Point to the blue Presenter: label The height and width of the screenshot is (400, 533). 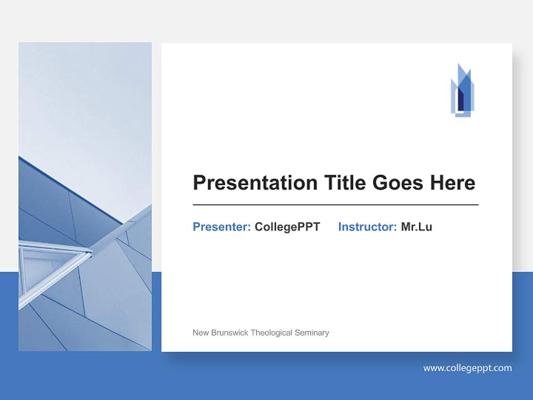click(x=222, y=227)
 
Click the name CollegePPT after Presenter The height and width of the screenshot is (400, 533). click(x=287, y=227)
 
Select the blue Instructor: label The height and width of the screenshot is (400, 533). click(x=367, y=227)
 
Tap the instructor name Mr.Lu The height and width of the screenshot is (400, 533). click(x=416, y=227)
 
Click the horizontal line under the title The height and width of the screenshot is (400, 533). click(x=335, y=205)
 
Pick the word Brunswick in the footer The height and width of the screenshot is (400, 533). click(x=229, y=333)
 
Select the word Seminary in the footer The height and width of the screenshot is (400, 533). click(x=312, y=333)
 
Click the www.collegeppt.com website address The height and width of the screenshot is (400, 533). click(x=467, y=368)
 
